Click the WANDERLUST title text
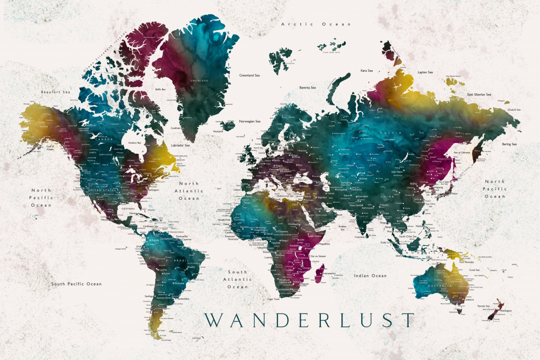[x=309, y=320]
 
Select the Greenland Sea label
[x=250, y=76]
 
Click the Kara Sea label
[x=367, y=71]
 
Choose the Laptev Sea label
[x=425, y=72]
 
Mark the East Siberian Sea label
[x=479, y=95]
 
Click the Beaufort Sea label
[x=56, y=92]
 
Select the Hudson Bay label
[x=134, y=143]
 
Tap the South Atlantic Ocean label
[x=237, y=279]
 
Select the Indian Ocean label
[x=370, y=276]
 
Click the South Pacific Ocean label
[x=76, y=284]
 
